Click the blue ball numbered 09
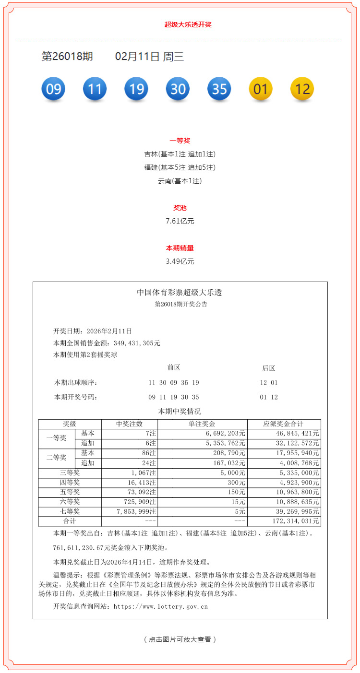tap(53, 89)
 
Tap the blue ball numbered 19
tap(136, 89)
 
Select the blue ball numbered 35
tap(219, 89)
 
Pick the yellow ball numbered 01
tap(261, 89)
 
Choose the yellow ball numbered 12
tap(302, 89)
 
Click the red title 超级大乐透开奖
tap(188, 24)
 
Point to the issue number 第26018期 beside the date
tap(67, 57)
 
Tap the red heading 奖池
tap(180, 208)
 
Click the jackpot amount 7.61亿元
tap(180, 222)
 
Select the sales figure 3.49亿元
tap(180, 262)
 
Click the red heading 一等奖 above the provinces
tap(180, 141)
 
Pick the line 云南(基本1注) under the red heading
tap(180, 181)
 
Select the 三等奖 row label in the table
tap(70, 473)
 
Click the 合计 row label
tap(70, 521)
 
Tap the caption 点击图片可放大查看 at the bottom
tap(180, 639)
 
